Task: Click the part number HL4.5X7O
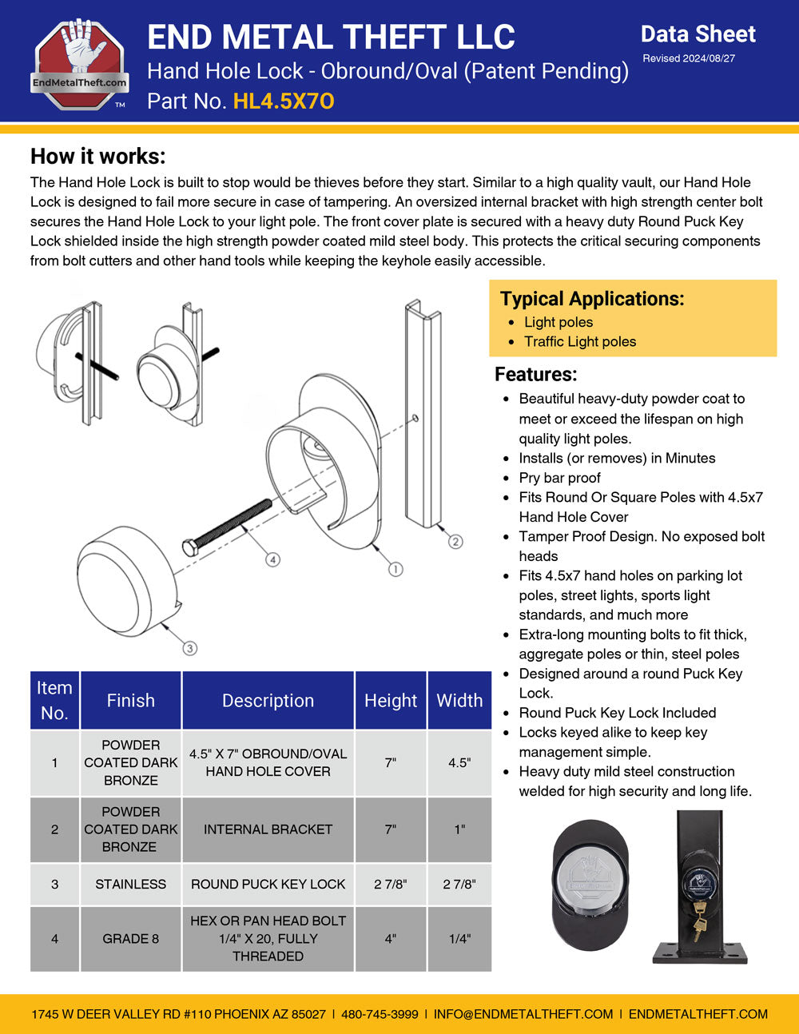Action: tap(284, 101)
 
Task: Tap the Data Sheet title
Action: tap(698, 34)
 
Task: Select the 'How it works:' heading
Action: tap(98, 156)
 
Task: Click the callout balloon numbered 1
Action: tap(395, 569)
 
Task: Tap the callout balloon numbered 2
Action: tap(455, 542)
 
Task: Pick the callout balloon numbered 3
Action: tap(189, 648)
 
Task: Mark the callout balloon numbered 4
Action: tap(273, 560)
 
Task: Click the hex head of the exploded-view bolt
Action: tap(190, 547)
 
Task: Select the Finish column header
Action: tap(131, 701)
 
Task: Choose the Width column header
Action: tap(459, 701)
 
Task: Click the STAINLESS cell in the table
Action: tap(131, 885)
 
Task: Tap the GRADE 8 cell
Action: tap(131, 939)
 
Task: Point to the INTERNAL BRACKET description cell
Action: tap(268, 829)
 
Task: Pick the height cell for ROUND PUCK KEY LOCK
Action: tap(390, 885)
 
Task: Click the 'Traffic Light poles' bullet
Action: tap(580, 342)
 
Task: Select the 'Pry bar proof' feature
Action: tap(559, 478)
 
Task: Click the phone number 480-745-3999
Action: tap(380, 1014)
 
